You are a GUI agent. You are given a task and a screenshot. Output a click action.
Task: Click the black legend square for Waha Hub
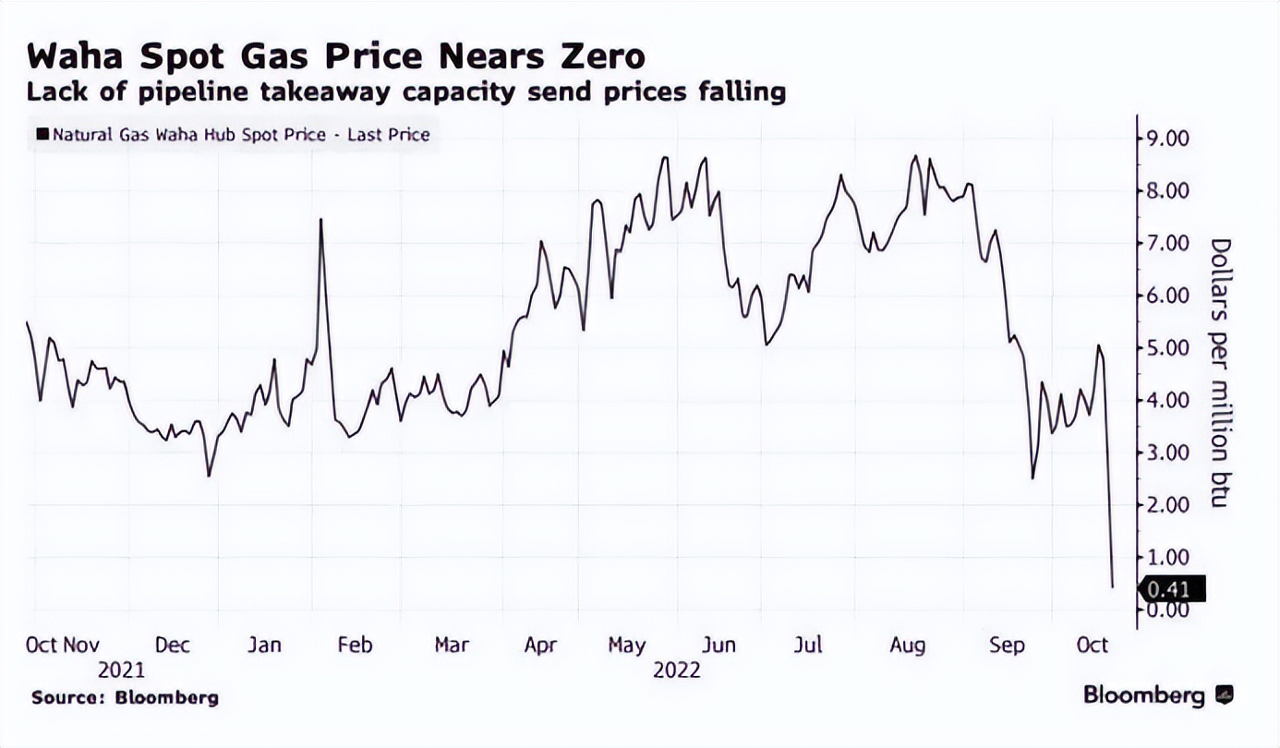(42, 135)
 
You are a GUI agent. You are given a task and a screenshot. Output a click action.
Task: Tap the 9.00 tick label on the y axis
(1167, 139)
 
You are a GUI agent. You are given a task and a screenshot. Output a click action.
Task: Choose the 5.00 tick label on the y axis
(1167, 348)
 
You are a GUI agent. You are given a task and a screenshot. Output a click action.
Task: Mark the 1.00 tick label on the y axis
(1167, 557)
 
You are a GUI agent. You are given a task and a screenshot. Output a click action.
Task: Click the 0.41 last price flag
(1171, 589)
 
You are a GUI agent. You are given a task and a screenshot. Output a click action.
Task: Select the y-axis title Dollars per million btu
(1221, 372)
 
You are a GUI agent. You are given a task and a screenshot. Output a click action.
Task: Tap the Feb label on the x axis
(356, 645)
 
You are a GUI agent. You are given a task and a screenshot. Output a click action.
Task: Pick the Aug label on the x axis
(907, 645)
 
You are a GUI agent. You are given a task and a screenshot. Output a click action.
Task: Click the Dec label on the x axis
(172, 645)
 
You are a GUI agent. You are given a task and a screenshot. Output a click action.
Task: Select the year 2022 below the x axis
(677, 670)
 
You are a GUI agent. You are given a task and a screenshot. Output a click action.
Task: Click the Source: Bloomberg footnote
(125, 698)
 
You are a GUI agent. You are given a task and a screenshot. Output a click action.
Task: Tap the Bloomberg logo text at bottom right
(1144, 695)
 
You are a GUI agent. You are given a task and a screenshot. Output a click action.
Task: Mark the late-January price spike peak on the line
(320, 220)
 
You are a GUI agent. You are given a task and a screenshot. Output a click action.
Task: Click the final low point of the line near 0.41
(1113, 585)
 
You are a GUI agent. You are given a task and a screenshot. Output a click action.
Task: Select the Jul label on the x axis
(809, 645)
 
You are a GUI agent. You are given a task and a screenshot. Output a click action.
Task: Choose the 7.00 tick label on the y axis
(1167, 243)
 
